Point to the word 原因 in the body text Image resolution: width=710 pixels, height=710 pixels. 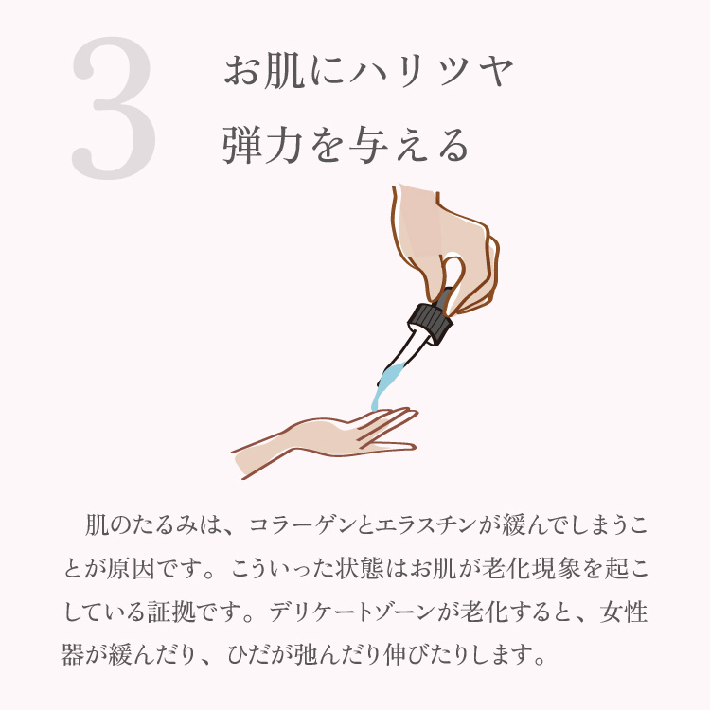(130, 570)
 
